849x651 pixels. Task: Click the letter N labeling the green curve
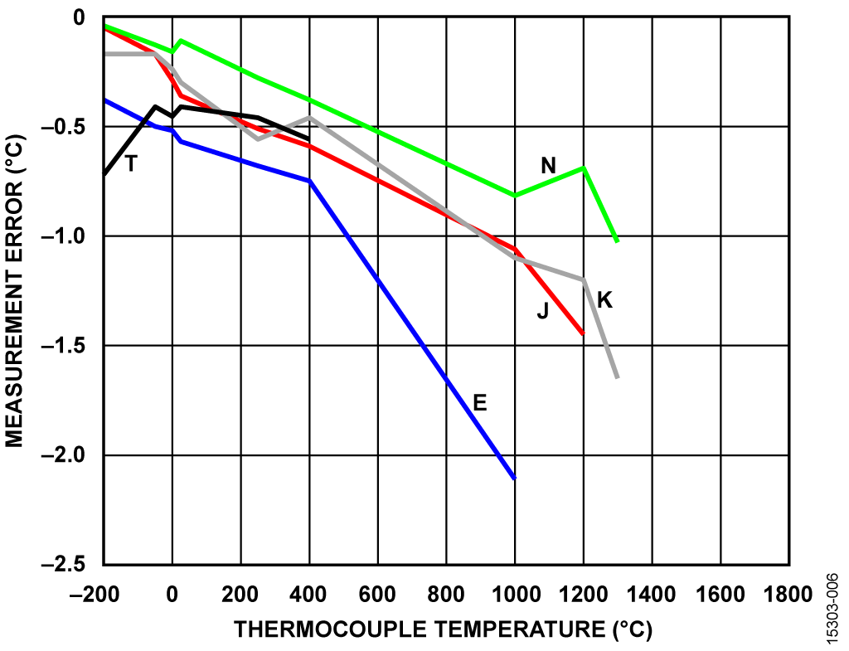(x=547, y=166)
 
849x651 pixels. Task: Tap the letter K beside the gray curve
(x=604, y=300)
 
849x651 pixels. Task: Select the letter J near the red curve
(x=542, y=311)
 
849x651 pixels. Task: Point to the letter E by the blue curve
(x=479, y=403)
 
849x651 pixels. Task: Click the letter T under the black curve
(x=130, y=163)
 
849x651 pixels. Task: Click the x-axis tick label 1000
(x=515, y=594)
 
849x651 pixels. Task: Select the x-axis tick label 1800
(x=788, y=594)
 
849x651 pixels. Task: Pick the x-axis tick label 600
(x=378, y=594)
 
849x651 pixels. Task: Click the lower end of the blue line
(x=515, y=479)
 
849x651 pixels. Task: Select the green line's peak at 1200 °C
(x=584, y=168)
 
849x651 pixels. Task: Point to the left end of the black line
(x=104, y=174)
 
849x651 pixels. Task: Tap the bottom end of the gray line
(x=618, y=378)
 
